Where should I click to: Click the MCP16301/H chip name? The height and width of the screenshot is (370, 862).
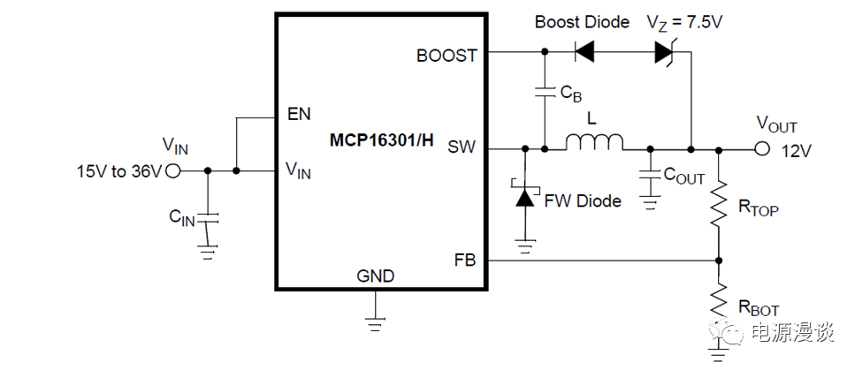coord(382,140)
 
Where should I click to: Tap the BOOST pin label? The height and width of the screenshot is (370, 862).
coord(446,56)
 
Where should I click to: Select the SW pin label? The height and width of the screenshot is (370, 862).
coord(462,147)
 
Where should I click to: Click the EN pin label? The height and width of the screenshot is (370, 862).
coord(299,115)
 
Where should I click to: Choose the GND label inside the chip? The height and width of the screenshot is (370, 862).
coord(376,276)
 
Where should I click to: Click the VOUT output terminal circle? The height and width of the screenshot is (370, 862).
coord(762,148)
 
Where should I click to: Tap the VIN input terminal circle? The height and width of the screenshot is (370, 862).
coord(174,170)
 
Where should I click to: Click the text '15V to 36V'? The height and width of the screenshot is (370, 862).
coord(119,171)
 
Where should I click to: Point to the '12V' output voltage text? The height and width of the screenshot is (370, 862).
coord(796,151)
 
